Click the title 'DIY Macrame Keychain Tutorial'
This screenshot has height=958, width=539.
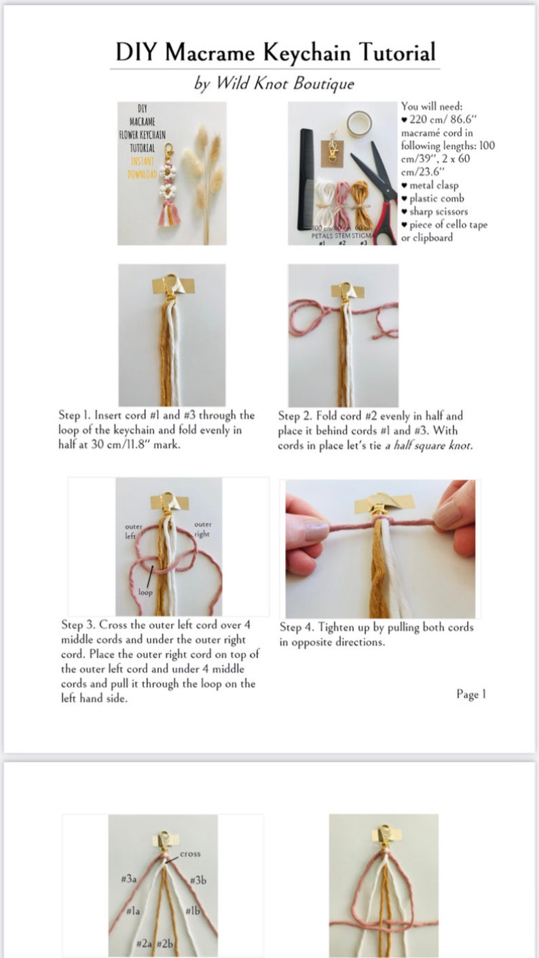pos(275,52)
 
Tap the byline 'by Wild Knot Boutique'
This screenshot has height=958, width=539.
pos(274,83)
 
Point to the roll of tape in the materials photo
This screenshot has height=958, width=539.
pos(358,124)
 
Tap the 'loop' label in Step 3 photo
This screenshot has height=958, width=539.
pos(145,592)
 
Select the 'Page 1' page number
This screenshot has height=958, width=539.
pos(471,694)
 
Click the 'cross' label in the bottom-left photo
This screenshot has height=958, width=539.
pos(190,854)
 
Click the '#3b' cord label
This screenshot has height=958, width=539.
pos(198,880)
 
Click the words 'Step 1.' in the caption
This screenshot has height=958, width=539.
pos(75,415)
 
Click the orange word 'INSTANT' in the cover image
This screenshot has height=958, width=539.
pos(143,161)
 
